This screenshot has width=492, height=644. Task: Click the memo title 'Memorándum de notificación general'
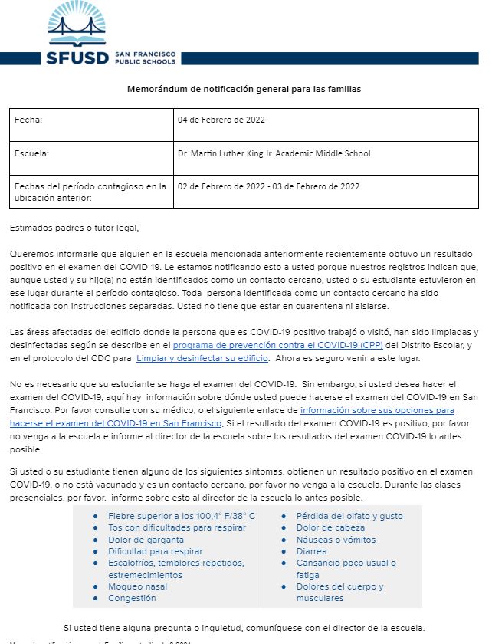pos(244,89)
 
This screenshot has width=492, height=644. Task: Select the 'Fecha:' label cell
pos(30,120)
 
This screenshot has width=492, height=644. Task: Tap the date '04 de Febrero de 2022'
pos(221,120)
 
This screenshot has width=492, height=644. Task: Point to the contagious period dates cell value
pos(268,186)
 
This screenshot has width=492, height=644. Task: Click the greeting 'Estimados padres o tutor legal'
pos(75,228)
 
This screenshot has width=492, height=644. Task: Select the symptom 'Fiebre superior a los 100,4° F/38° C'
pos(182,516)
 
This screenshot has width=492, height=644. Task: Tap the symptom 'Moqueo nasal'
pos(137,586)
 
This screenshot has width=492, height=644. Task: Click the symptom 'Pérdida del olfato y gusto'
pos(349,516)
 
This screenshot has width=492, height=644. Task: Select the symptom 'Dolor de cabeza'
pos(330,527)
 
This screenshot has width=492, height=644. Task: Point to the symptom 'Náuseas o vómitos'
pos(335,540)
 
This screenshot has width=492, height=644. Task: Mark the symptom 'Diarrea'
pos(311,551)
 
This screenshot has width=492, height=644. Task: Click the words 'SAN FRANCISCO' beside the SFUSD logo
pos(145,54)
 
